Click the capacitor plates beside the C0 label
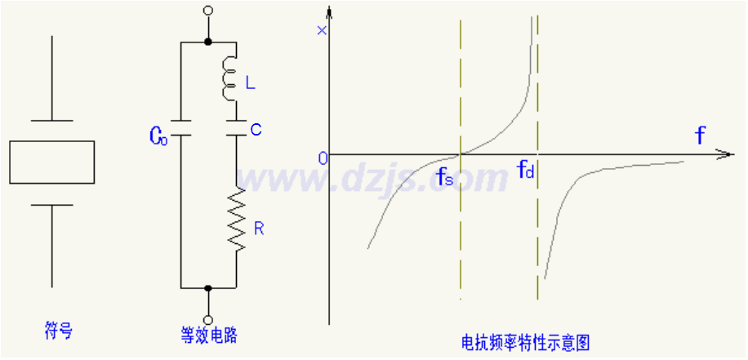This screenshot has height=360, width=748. [180, 130]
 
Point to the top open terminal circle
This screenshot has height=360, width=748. [208, 11]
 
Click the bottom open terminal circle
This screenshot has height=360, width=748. [208, 319]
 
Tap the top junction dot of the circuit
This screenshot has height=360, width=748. [208, 41]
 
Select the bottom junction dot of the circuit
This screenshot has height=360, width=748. [208, 288]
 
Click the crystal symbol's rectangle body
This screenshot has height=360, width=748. [51, 162]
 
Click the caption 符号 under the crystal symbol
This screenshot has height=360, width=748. [57, 331]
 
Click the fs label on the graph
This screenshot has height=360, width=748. [445, 176]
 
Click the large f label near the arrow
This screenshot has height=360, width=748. [700, 136]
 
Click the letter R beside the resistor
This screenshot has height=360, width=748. [259, 229]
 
